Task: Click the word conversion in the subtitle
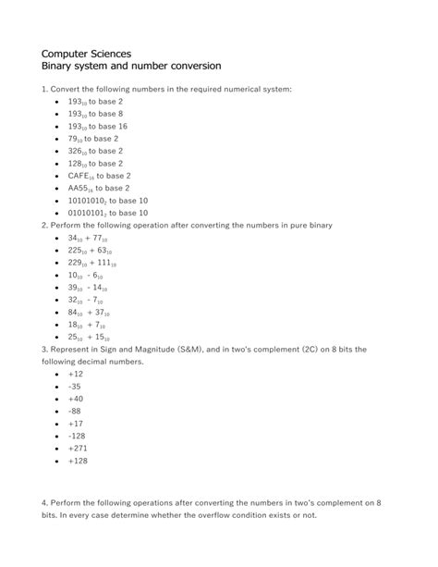(189, 68)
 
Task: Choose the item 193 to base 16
(97, 126)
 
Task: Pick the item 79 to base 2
(93, 138)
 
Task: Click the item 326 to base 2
(95, 151)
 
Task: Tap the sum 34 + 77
(89, 238)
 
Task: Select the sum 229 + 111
(91, 263)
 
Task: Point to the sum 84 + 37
(88, 313)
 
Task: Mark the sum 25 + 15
(88, 338)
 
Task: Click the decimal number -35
(76, 387)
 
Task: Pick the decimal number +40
(76, 400)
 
